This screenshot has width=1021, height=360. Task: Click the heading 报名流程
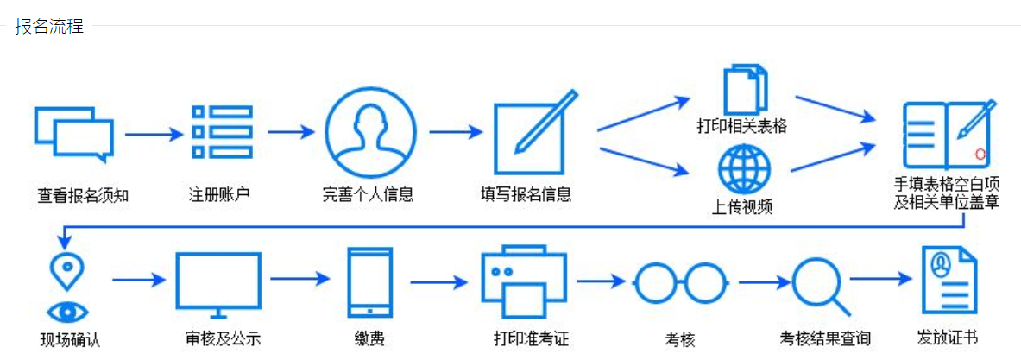coord(49,26)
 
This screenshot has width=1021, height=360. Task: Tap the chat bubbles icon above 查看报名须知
coord(73,135)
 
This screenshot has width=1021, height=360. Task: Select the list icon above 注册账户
coord(222,132)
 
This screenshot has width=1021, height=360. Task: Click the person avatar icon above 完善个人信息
coord(369,132)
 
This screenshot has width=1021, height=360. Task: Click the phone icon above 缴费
coord(369,283)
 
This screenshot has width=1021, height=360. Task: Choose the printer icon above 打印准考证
coord(523,281)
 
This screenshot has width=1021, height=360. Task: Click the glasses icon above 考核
coord(680,283)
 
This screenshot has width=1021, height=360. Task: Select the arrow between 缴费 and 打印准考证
coord(438,281)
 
